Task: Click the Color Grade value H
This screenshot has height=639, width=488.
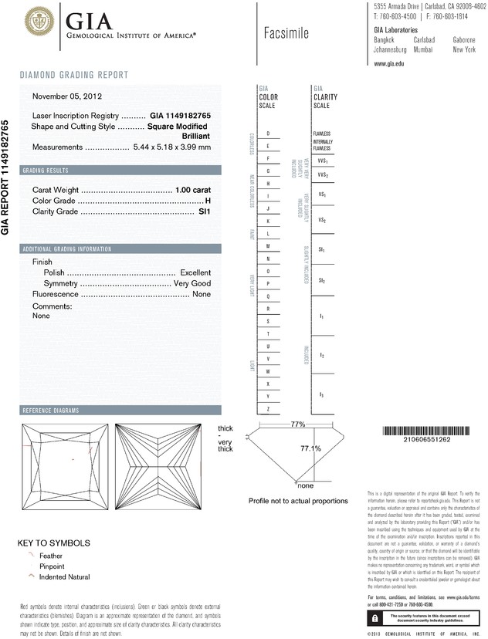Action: click(208, 201)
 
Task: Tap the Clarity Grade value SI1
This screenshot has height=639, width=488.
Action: click(205, 211)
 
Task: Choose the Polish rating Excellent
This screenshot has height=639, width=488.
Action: click(195, 273)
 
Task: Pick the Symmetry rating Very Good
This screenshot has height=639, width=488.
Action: click(191, 284)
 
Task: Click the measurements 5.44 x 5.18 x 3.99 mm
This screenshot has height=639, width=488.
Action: click(171, 147)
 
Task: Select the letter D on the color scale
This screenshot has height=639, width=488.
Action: click(268, 134)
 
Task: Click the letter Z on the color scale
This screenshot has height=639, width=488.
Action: click(268, 408)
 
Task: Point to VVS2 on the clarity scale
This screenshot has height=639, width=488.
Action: click(323, 176)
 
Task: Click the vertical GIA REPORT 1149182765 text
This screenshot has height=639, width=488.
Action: click(6, 177)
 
